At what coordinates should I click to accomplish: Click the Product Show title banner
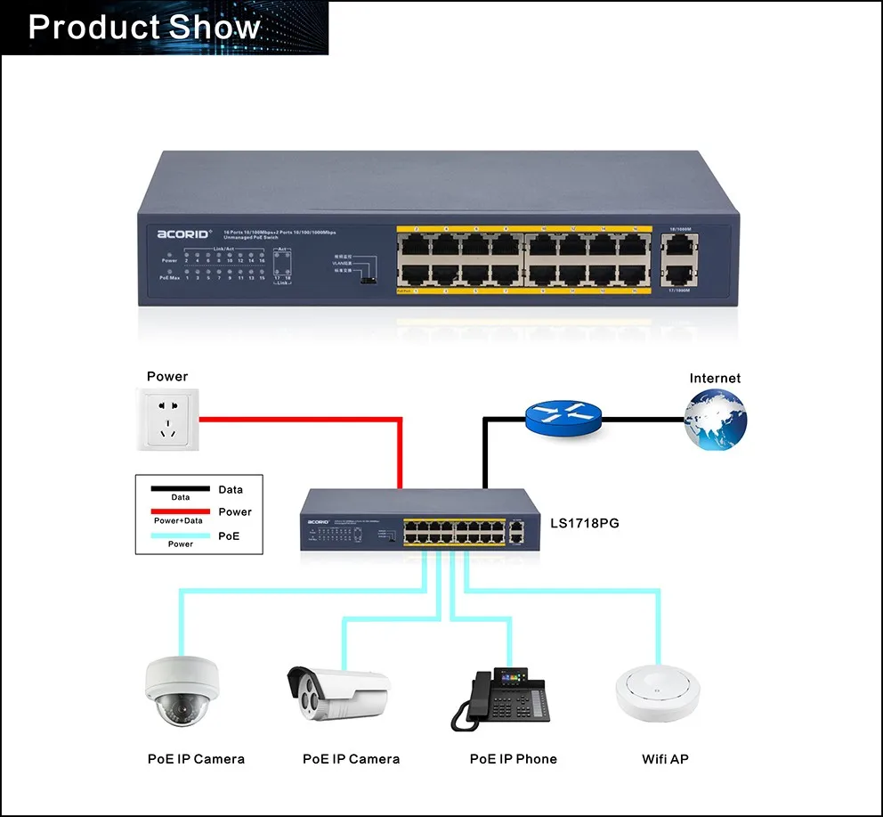tap(165, 28)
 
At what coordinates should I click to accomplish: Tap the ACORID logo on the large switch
tap(184, 234)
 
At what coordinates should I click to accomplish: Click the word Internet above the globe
tap(715, 379)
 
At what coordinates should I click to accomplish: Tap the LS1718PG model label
tap(584, 523)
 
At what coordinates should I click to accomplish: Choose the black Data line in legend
tap(180, 489)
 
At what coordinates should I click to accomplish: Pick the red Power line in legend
tap(180, 511)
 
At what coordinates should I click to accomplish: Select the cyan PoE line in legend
tap(180, 535)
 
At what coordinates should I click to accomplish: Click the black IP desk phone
tap(502, 696)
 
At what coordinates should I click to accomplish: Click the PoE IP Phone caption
tap(514, 759)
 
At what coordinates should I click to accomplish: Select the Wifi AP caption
tap(666, 759)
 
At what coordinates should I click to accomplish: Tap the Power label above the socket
tap(167, 377)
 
